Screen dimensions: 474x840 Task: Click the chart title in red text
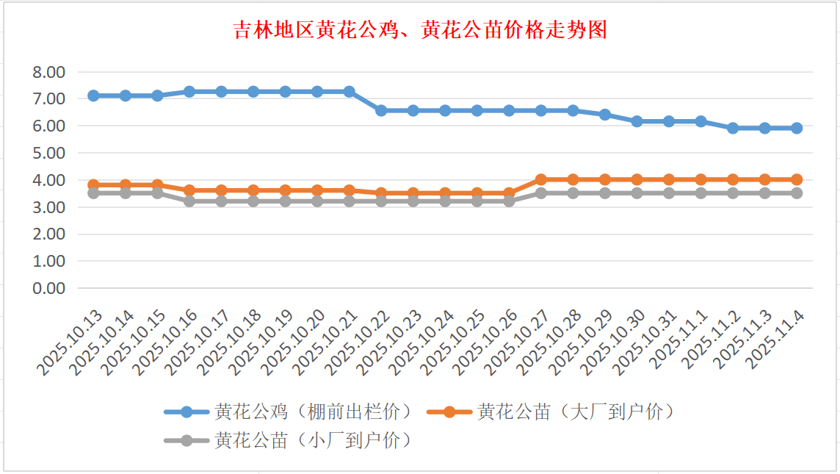(419, 30)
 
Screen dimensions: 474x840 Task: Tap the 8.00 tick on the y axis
(49, 72)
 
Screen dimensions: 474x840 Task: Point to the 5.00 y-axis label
(49, 153)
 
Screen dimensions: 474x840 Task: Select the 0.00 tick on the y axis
(49, 288)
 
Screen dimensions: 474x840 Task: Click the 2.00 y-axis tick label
(49, 234)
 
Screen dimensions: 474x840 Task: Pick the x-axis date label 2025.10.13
(71, 343)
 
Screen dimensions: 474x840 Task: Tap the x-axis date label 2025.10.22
(361, 343)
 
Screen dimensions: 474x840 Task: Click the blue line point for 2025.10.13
(93, 96)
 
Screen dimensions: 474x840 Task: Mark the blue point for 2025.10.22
(381, 110)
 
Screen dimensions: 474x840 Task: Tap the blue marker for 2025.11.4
(797, 128)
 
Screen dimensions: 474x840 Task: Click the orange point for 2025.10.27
(541, 179)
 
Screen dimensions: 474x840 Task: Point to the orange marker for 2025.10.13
(93, 185)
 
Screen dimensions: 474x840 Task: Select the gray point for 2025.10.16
(189, 201)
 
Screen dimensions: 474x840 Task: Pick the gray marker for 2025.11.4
(797, 193)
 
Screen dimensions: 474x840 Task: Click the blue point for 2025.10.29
(605, 115)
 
